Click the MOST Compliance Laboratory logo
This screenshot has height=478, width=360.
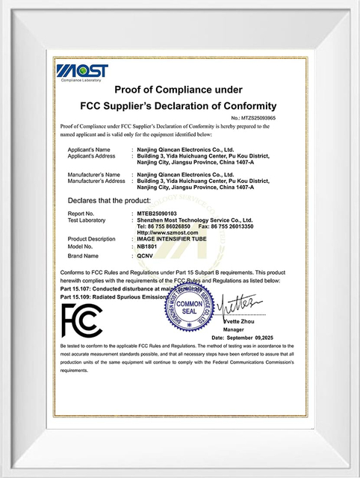[x=81, y=72]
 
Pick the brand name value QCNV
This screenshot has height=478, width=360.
[x=145, y=255]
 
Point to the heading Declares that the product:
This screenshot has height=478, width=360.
[x=109, y=200]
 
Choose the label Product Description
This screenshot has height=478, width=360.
[x=91, y=238]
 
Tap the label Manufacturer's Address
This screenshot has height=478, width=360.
[x=96, y=181]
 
